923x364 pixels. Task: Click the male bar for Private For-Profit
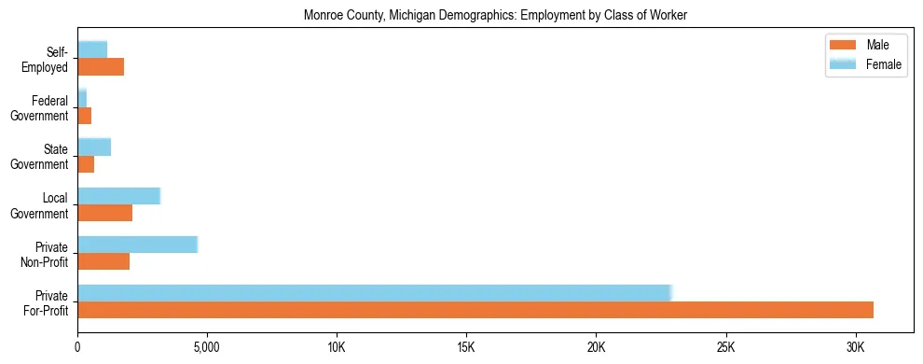coord(475,310)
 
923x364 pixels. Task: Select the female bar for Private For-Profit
coord(374,293)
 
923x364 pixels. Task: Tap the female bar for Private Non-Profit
coord(137,245)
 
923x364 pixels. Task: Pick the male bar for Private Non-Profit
coord(103,261)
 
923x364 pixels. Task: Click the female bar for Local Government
coord(118,196)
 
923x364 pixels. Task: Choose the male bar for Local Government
coord(104,213)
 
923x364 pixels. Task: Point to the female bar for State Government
coord(94,147)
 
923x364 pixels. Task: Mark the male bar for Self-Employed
coord(101,67)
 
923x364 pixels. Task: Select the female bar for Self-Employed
coord(92,49)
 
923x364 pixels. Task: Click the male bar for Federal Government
coord(85,116)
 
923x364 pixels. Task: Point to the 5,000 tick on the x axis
coord(207,347)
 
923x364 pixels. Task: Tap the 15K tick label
coord(466,347)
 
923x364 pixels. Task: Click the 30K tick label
coord(856,347)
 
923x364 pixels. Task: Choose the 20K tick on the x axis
coord(596,347)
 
